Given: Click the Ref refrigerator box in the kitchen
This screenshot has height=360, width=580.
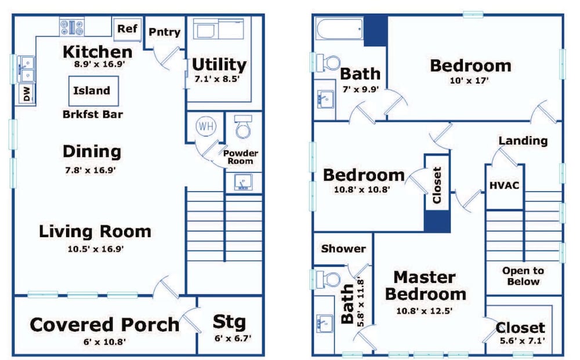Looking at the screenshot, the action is [x=127, y=29].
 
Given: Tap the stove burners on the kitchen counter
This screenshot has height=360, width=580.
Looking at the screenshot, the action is [x=72, y=27].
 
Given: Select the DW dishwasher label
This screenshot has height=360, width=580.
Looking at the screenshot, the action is [x=27, y=93].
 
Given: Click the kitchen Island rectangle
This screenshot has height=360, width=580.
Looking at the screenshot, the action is [x=93, y=91].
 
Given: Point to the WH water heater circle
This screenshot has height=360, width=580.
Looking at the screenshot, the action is [x=206, y=126].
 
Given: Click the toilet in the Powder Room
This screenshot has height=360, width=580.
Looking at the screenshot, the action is [x=243, y=126].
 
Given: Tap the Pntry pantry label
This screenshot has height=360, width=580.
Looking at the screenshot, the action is [x=164, y=32].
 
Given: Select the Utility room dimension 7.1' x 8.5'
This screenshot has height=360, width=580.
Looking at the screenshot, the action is [x=217, y=79].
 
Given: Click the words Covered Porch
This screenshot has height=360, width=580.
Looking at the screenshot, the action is [x=104, y=325].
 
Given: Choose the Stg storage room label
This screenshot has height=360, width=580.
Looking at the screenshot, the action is [x=229, y=322].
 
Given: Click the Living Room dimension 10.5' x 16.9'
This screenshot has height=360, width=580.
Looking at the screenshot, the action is [x=96, y=249].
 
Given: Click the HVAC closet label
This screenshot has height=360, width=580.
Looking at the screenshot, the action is [x=504, y=185].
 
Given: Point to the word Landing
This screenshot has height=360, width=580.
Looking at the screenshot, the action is [x=523, y=140].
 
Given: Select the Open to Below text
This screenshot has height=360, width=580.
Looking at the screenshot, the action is [x=523, y=276].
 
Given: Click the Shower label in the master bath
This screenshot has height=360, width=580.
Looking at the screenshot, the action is [x=343, y=249].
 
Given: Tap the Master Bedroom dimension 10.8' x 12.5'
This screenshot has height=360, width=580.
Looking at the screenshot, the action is [x=425, y=311].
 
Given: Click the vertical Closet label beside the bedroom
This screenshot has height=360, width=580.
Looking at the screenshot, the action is [x=437, y=185].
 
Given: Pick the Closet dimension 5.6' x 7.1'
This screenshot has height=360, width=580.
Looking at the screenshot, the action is [x=523, y=340].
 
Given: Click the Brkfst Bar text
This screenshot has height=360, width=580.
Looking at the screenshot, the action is [x=92, y=114].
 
